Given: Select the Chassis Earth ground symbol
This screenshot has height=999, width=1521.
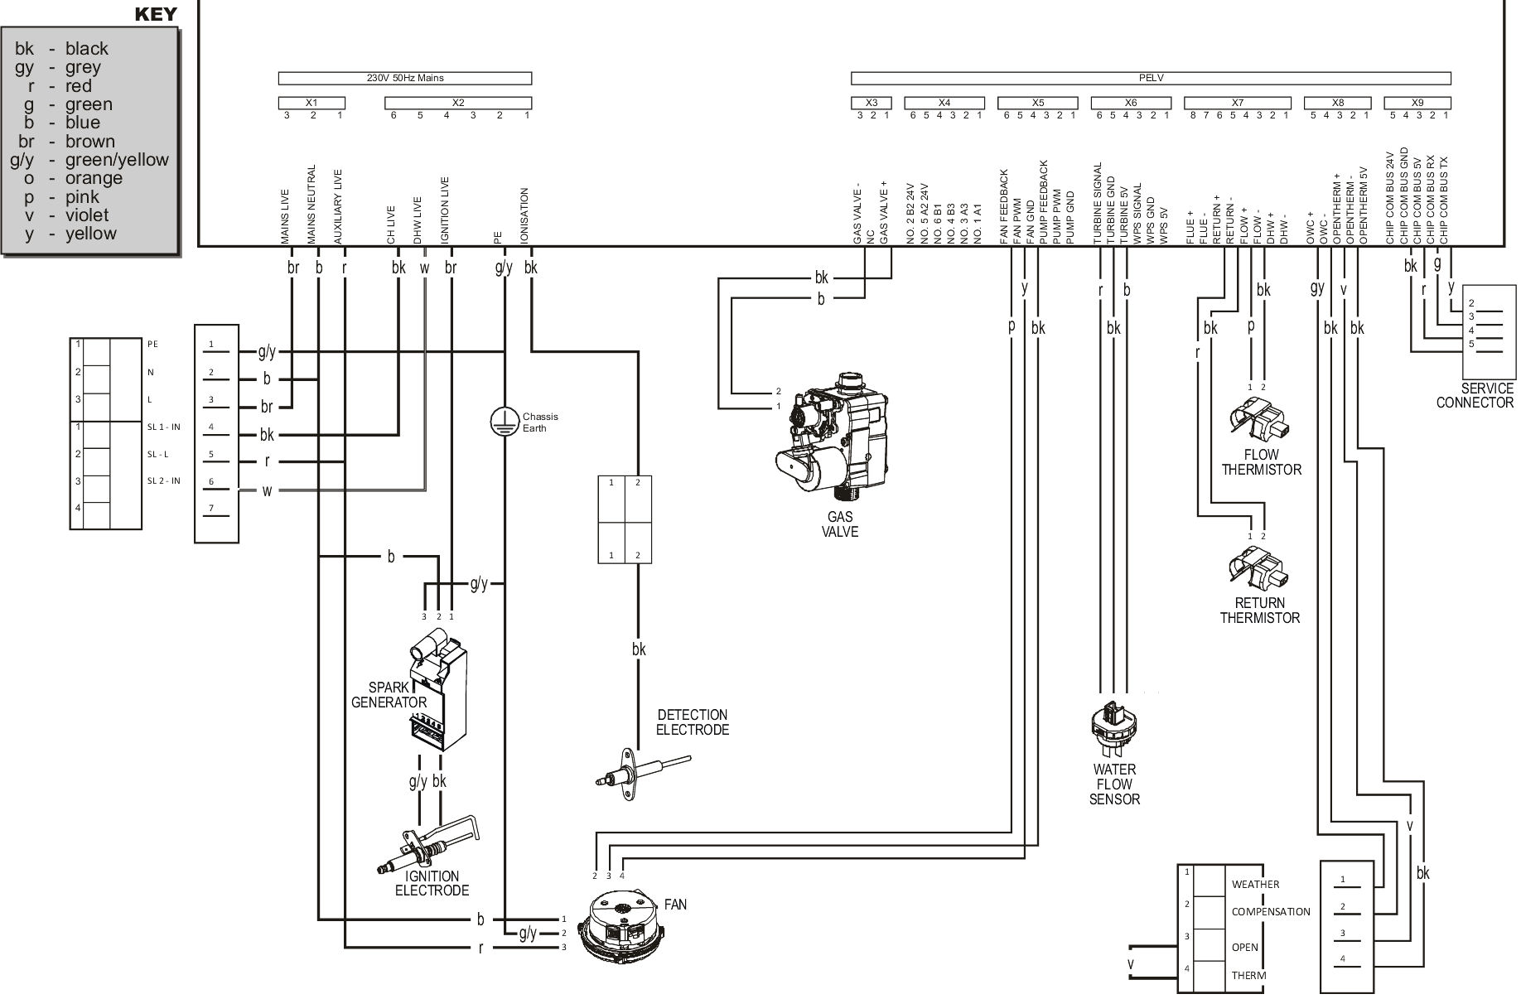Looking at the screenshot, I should (504, 421).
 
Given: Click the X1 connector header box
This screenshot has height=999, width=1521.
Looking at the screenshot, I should (311, 103).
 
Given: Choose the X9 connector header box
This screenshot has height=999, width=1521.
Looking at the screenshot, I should (1417, 103).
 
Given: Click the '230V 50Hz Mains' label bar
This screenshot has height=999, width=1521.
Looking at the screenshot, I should (404, 78).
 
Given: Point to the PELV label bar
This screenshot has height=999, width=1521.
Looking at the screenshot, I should (1151, 78).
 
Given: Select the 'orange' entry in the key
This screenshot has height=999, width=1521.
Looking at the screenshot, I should (93, 178).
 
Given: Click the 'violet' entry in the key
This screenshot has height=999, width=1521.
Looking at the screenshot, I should (86, 215).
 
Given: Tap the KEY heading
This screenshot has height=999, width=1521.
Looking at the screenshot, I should (156, 13).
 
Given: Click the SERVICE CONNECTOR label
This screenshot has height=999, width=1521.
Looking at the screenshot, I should (1475, 396).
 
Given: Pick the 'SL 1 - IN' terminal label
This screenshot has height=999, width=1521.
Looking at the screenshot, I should (163, 427).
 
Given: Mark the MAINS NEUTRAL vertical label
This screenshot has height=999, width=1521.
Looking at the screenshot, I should (311, 204).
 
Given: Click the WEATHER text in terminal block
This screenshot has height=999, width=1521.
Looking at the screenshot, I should (1255, 884).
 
